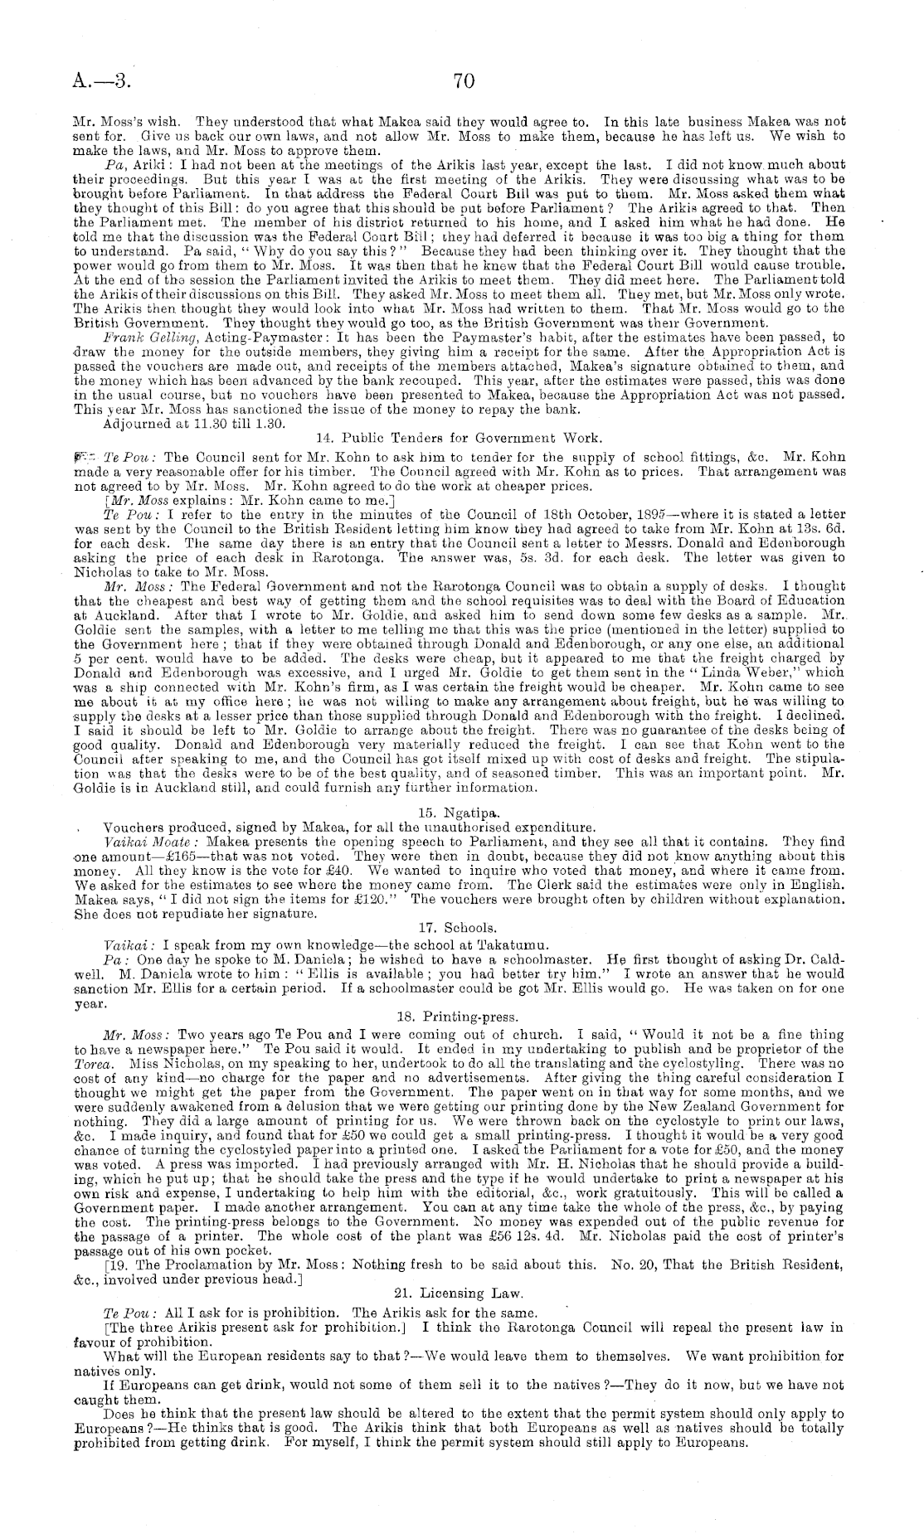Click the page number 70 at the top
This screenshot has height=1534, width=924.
pos(463,80)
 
